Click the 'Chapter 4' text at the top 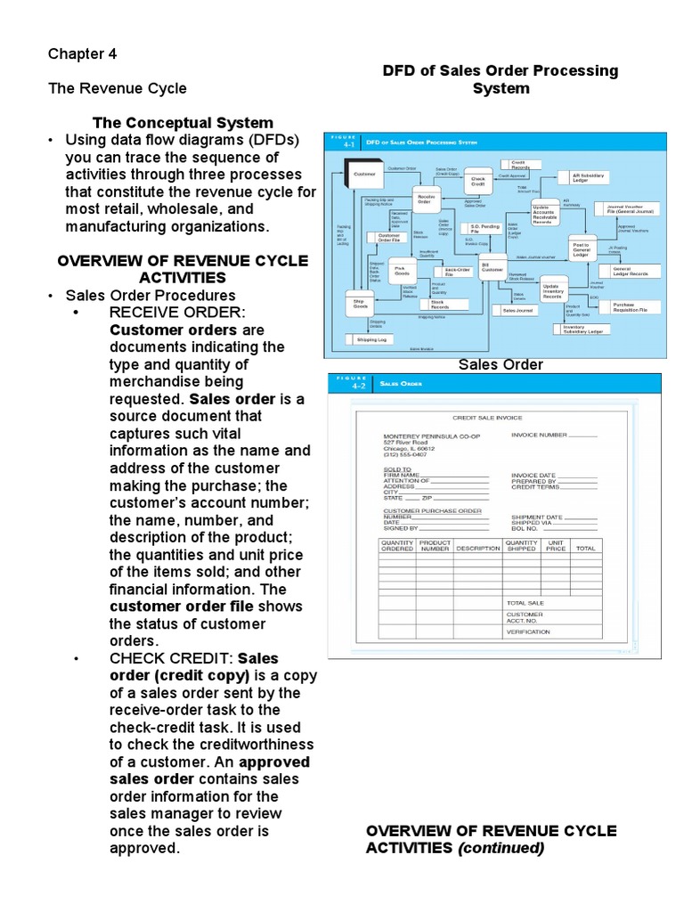click(82, 53)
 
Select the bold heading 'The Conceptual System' click(183, 123)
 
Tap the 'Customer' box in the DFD click(365, 174)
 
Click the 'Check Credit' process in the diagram click(478, 181)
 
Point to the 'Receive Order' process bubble click(424, 198)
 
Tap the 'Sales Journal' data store click(517, 311)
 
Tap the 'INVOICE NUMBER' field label click(539, 435)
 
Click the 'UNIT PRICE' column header click(556, 545)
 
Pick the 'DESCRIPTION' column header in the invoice click(477, 549)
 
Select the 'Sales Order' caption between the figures click(501, 364)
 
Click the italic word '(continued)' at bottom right click(501, 848)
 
